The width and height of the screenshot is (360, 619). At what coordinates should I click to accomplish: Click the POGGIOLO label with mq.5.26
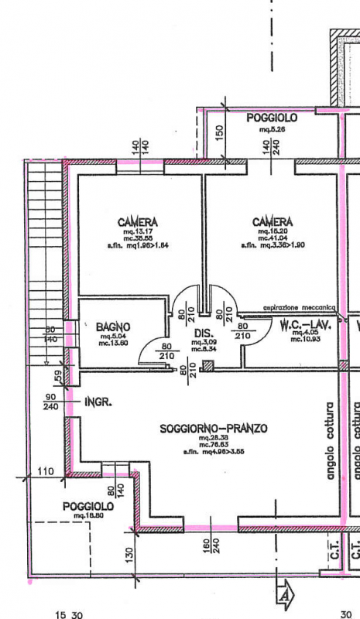tap(272, 118)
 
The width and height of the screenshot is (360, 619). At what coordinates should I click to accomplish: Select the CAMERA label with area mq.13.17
tap(139, 222)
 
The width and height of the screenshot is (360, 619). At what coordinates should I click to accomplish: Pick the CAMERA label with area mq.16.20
tap(273, 222)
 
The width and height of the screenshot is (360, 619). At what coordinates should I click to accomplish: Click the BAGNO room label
tap(113, 327)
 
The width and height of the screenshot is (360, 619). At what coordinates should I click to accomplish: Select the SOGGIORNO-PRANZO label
tap(214, 427)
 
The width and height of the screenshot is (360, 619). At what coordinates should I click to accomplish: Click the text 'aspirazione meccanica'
tap(298, 307)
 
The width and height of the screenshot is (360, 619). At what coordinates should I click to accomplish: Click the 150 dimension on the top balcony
tap(220, 132)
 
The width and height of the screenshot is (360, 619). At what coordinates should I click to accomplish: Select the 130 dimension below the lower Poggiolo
tap(129, 554)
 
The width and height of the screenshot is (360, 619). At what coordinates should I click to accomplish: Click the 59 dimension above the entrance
tap(57, 377)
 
